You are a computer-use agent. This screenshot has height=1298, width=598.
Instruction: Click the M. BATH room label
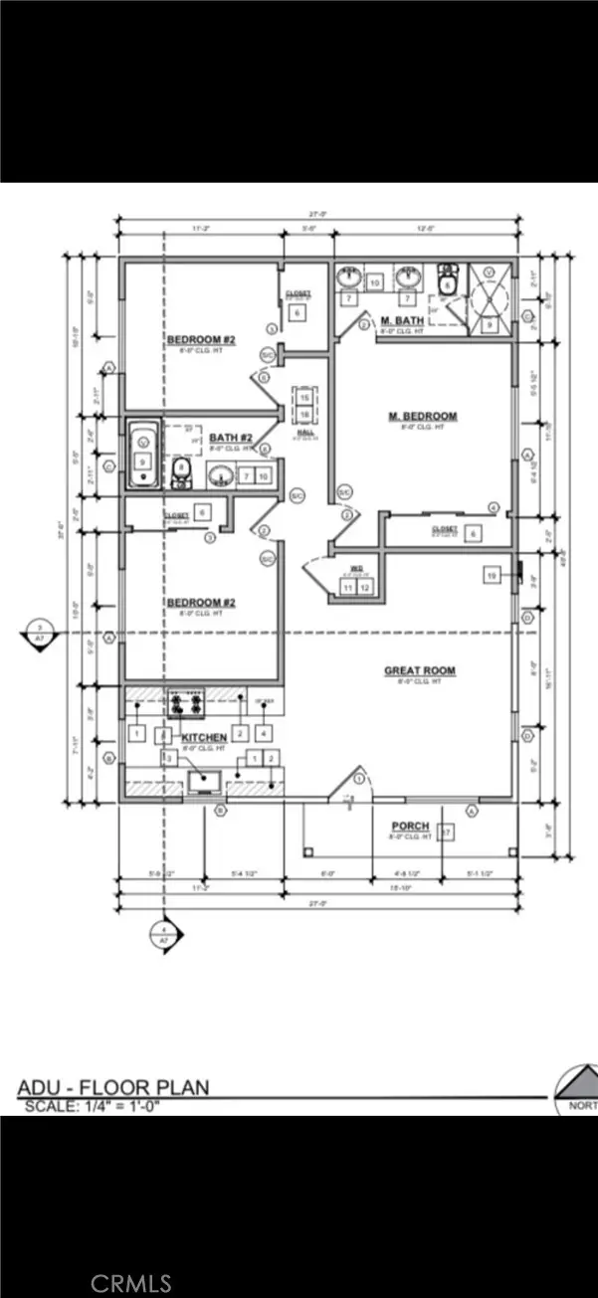pyautogui.click(x=404, y=320)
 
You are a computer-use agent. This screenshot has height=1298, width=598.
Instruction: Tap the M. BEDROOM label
pyautogui.click(x=422, y=416)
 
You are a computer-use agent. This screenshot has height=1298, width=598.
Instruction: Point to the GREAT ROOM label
pyautogui.click(x=420, y=671)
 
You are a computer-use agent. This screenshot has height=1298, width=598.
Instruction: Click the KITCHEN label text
pyautogui.click(x=204, y=736)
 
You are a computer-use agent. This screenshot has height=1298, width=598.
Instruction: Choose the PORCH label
pyautogui.click(x=410, y=827)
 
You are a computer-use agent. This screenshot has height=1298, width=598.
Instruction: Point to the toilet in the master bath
pyautogui.click(x=448, y=278)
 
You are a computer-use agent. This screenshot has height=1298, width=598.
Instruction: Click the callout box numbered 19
pyautogui.click(x=492, y=576)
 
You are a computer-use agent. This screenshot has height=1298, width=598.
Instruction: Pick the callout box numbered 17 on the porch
pyautogui.click(x=447, y=832)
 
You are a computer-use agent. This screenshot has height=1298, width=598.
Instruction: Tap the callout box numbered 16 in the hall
pyautogui.click(x=304, y=413)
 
